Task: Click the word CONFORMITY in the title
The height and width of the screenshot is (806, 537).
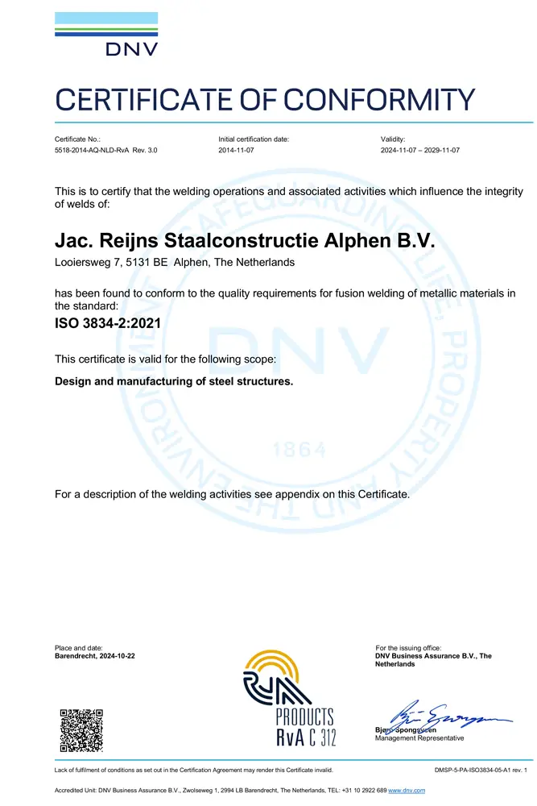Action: tap(381, 101)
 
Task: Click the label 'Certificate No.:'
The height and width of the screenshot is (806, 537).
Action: tap(77, 139)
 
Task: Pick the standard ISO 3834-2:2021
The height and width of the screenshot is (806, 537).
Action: tap(107, 326)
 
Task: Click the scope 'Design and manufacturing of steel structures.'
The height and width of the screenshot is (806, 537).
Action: tap(173, 381)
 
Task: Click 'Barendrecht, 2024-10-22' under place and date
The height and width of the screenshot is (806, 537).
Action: tap(94, 657)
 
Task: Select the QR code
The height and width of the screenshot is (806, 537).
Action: tap(81, 729)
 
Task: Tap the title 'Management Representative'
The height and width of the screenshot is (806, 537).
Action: tap(419, 738)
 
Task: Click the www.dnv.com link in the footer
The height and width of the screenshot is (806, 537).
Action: tap(407, 791)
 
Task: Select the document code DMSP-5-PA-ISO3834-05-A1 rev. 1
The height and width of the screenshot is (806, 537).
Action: tap(480, 771)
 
